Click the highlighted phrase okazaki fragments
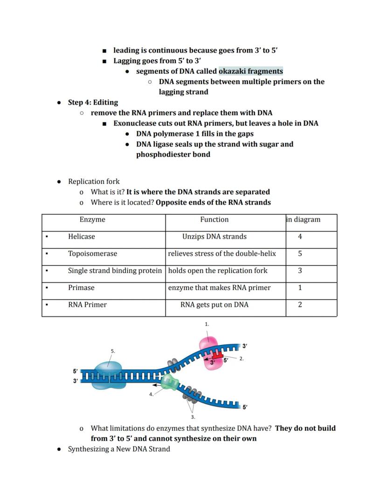point(250,71)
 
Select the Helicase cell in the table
point(81,237)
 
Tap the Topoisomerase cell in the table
point(92,254)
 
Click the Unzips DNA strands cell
point(214,237)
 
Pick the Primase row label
point(81,288)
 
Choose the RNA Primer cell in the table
point(87,305)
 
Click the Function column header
point(214,219)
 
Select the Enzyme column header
point(92,219)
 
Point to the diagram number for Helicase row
point(300,237)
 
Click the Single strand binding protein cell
point(115,271)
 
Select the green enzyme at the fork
point(169,382)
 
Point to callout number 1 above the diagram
point(207,324)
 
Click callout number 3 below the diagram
point(193,417)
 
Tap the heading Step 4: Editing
point(93,102)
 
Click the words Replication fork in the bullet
point(94,182)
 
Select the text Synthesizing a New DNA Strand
point(119,449)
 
